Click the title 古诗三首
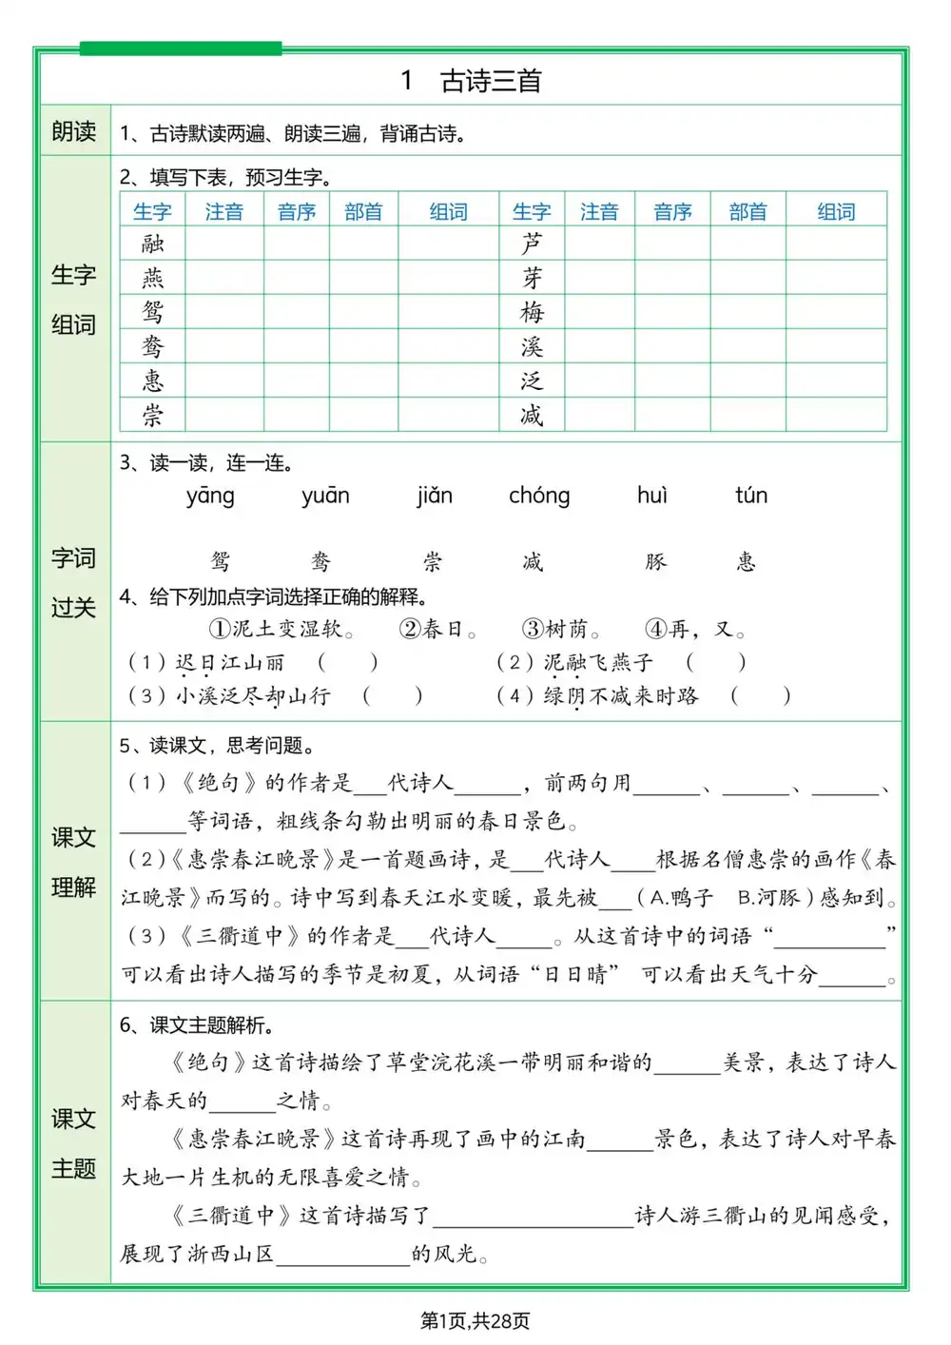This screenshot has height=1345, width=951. click(x=490, y=81)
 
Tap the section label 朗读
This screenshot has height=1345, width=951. click(x=74, y=131)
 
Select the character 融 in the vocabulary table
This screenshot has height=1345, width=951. click(x=152, y=244)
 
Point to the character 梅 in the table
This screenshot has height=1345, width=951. click(x=532, y=312)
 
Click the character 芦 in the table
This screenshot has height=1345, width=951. click(x=532, y=244)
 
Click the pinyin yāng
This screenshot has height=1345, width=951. click(x=210, y=496)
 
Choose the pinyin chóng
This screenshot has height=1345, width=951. click(x=539, y=496)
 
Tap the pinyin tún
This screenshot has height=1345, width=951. click(x=751, y=496)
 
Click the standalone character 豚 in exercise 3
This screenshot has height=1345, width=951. click(x=656, y=561)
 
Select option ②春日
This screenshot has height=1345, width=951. click(x=437, y=630)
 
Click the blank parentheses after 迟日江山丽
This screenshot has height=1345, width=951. click(x=347, y=662)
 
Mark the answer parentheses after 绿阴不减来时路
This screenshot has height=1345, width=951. click(x=760, y=696)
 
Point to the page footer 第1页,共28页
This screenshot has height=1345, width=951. click(x=475, y=1320)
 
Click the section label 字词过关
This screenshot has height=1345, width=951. click(x=74, y=582)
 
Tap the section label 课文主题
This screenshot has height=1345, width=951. click(x=74, y=1143)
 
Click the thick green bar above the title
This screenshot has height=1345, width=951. click(x=181, y=49)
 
